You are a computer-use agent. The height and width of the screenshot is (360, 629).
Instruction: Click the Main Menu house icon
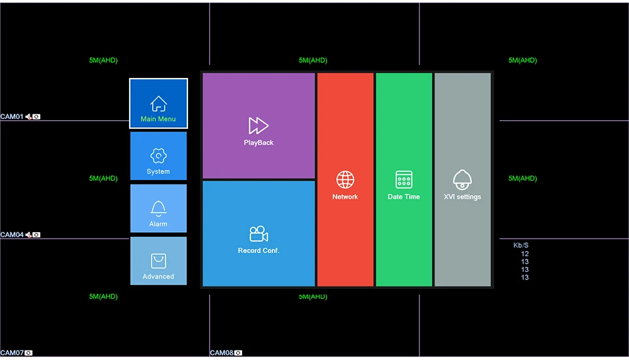(159, 104)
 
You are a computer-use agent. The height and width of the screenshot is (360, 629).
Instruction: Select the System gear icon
(159, 156)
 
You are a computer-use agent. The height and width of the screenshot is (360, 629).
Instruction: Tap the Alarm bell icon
(159, 208)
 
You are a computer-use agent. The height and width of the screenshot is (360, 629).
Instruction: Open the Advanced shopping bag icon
(159, 261)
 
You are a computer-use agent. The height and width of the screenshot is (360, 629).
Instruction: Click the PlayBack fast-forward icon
(259, 125)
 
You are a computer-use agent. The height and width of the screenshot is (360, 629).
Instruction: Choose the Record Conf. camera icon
(259, 234)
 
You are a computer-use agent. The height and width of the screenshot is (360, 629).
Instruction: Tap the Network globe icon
(345, 179)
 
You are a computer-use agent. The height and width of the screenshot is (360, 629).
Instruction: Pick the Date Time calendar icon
(404, 179)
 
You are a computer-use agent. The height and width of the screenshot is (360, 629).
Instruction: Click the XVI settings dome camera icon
(462, 179)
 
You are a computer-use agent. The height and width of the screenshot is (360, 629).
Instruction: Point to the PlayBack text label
(259, 143)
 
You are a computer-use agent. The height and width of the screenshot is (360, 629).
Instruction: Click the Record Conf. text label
(259, 250)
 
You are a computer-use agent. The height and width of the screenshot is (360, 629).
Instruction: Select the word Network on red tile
(345, 197)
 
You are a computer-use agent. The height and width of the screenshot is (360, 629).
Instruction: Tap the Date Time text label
(404, 197)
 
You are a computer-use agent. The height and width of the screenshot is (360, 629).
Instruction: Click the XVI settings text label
(462, 197)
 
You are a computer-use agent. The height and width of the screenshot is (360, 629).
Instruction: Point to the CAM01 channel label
(12, 116)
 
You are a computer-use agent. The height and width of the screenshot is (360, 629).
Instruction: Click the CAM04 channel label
(12, 235)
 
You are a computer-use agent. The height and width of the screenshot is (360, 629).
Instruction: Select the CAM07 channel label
(12, 353)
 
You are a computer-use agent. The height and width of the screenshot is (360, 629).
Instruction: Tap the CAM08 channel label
(221, 353)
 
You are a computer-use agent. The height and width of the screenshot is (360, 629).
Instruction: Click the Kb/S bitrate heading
(521, 245)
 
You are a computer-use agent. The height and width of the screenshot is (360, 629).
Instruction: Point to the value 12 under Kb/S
(525, 254)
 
